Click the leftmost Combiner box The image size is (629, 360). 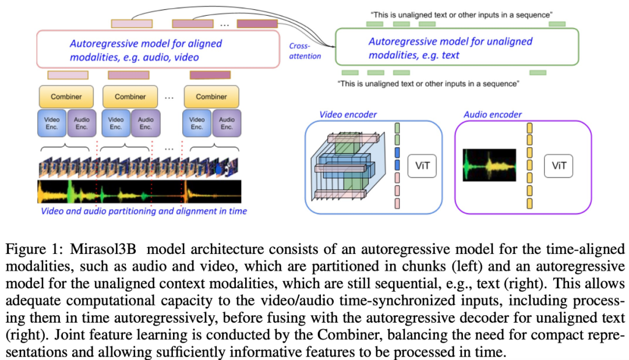tap(66, 97)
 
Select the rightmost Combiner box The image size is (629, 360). tap(211, 97)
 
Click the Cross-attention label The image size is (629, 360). tap(305, 51)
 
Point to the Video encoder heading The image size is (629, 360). tap(348, 115)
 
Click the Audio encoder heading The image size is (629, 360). tap(493, 115)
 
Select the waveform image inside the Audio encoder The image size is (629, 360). tap(489, 165)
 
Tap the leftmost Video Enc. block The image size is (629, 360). tap(51, 123)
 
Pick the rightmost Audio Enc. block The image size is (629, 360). tap(227, 123)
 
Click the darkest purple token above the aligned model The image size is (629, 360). tap(257, 24)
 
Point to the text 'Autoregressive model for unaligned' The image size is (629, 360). tap(450, 42)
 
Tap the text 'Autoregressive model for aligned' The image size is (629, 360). tap(146, 44)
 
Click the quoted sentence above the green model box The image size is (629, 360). tap(460, 14)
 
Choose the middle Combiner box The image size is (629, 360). tap(130, 97)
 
